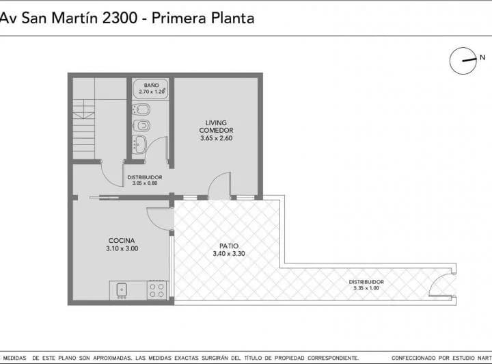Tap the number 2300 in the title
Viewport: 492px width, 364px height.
pos(120,18)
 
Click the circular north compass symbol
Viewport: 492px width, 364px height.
pos(463,61)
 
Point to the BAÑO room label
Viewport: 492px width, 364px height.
pos(152,85)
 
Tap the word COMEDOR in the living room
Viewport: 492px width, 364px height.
pos(217,131)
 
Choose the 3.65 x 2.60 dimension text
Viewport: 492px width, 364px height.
pos(217,139)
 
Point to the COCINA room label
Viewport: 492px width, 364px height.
pos(121,240)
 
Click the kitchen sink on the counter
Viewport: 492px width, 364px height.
pos(122,290)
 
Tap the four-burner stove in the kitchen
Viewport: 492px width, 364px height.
pos(157,290)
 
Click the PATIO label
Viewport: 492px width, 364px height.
pos(228,246)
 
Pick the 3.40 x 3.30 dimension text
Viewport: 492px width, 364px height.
pos(228,254)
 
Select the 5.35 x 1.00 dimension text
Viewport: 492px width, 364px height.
pos(366,289)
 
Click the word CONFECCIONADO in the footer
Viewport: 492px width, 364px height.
pos(415,358)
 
